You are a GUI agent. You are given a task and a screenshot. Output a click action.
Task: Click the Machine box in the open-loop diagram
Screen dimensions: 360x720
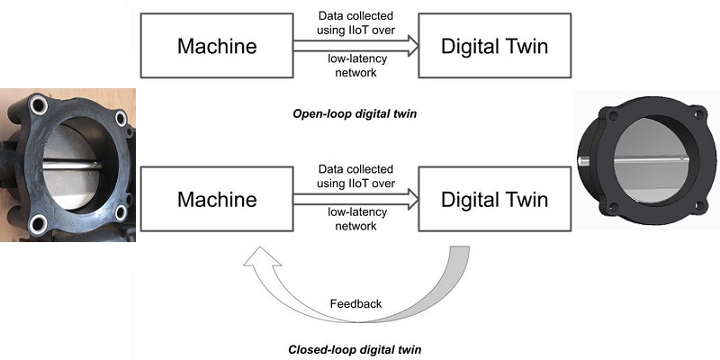point(216,45)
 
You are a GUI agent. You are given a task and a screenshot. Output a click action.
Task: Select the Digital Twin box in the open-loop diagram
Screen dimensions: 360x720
point(492,45)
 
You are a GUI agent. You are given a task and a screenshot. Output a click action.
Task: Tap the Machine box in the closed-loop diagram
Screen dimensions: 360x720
point(216,199)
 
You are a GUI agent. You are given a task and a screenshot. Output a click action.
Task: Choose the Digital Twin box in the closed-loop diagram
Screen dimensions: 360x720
point(492,199)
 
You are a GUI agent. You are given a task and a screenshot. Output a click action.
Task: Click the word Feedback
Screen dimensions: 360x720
point(356,304)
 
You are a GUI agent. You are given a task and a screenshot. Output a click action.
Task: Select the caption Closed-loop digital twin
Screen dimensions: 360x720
point(355,348)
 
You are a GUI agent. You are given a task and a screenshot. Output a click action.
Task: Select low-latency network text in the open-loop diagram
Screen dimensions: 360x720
point(355,67)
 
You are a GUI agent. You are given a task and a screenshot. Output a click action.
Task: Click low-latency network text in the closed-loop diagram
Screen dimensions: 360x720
point(355,220)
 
